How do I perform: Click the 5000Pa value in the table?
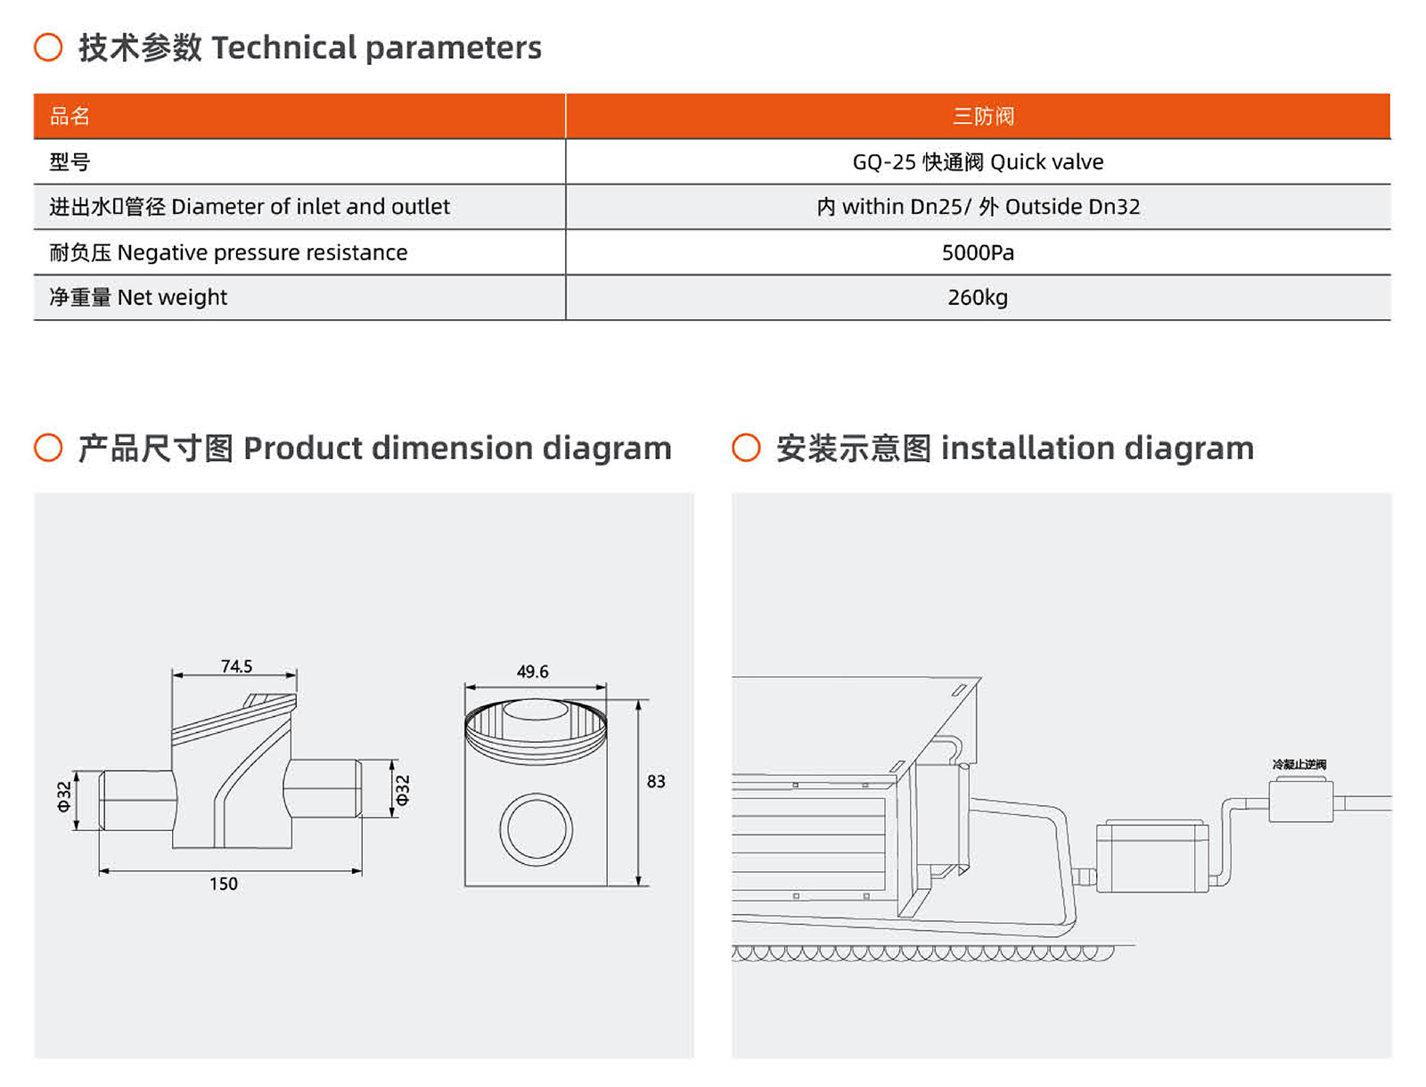click(x=978, y=252)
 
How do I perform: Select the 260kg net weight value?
click(x=978, y=297)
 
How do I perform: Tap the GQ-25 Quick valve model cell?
click(x=978, y=161)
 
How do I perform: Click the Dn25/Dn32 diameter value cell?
click(x=978, y=207)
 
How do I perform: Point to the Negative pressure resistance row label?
click(x=228, y=252)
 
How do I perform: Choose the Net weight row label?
click(x=138, y=297)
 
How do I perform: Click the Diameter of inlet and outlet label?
click(x=250, y=207)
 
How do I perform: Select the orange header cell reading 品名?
click(x=70, y=116)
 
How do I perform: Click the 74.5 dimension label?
click(x=236, y=666)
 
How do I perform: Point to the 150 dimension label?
click(x=223, y=884)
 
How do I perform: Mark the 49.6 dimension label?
click(x=532, y=671)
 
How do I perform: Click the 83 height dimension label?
click(x=656, y=781)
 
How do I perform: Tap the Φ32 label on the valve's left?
click(x=64, y=796)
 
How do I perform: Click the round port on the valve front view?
click(x=536, y=829)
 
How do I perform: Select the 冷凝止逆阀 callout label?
click(x=1299, y=764)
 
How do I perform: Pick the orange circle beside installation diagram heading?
click(x=746, y=448)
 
